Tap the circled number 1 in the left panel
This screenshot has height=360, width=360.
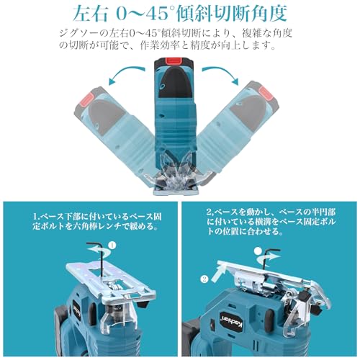(112, 245)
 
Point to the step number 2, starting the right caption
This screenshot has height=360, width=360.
(208, 214)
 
